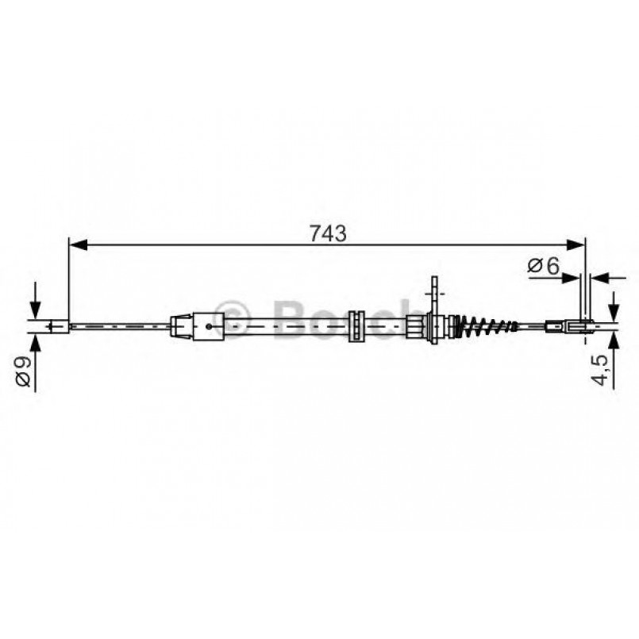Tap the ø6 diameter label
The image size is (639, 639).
[544, 268]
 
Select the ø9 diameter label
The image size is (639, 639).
[23, 371]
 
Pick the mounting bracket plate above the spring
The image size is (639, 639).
[433, 291]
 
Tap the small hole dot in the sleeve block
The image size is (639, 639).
[208, 325]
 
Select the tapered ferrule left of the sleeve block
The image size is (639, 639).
[181, 325]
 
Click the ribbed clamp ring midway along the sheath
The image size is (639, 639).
[357, 325]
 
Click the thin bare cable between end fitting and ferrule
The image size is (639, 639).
[119, 325]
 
